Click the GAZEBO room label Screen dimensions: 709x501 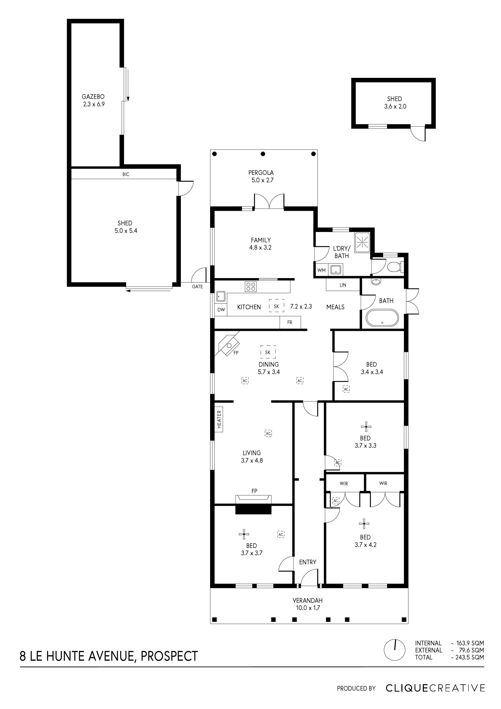tap(93, 97)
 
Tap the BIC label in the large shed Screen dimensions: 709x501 tap(126, 174)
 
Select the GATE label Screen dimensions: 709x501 tap(197, 287)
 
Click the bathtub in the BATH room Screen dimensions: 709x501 tap(382, 318)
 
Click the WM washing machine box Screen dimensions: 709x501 tap(321, 270)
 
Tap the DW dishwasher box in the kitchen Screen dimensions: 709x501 tap(221, 309)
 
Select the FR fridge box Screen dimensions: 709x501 tap(289, 322)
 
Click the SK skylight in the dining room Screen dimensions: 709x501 tap(268, 352)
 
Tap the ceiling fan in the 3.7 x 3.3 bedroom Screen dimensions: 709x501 tap(366, 427)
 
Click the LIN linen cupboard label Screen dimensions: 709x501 tap(343, 285)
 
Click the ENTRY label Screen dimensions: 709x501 tap(307, 562)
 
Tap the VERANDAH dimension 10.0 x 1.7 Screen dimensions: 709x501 tap(308, 608)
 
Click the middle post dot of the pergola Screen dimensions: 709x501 tap(263, 154)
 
